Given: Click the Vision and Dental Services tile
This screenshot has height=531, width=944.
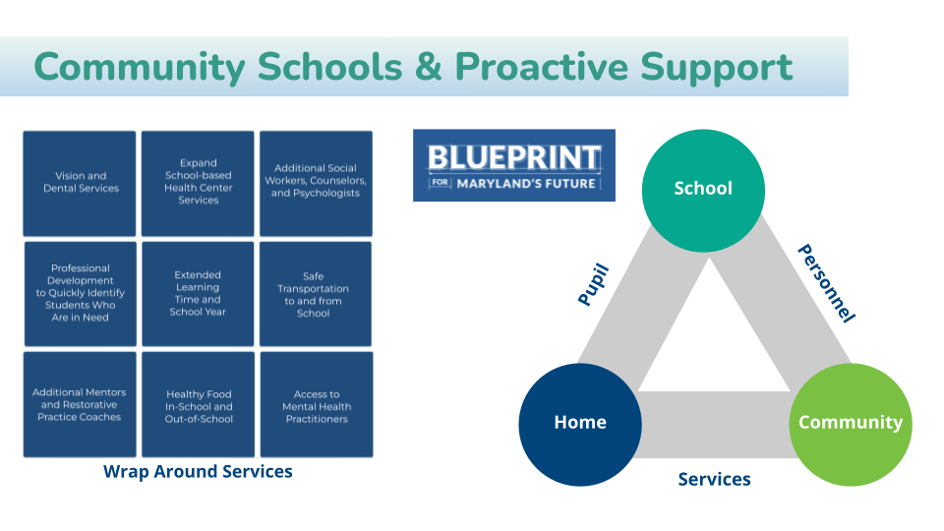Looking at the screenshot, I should point(80,183).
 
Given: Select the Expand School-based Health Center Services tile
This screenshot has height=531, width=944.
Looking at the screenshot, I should point(198,183).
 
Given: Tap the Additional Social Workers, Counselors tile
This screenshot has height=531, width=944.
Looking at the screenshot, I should point(316,183).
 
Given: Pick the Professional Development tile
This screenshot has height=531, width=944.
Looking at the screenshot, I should point(80,293).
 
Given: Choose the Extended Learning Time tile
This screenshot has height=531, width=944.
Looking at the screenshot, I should point(198,293).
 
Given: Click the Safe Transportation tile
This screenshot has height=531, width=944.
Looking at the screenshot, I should point(316,293).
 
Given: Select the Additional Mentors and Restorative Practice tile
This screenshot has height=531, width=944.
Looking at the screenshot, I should point(80,404).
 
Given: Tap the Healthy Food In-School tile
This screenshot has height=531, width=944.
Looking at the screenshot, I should point(198,404).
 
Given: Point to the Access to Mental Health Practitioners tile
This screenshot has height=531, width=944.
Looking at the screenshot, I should point(316,404).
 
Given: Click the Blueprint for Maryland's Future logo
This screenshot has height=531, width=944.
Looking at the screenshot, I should point(513,165).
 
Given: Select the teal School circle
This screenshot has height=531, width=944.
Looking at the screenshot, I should point(703,189).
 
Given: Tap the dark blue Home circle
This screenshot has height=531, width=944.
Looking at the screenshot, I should point(580,422).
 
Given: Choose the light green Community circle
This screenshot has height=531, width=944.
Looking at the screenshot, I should point(851,422).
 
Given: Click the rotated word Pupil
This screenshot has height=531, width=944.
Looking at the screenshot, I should point(594,285).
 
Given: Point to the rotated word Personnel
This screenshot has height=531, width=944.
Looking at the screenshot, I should point(825,283).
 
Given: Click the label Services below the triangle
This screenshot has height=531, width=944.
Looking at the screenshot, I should point(714,479).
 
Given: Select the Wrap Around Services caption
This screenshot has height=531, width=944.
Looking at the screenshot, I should point(198,471).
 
